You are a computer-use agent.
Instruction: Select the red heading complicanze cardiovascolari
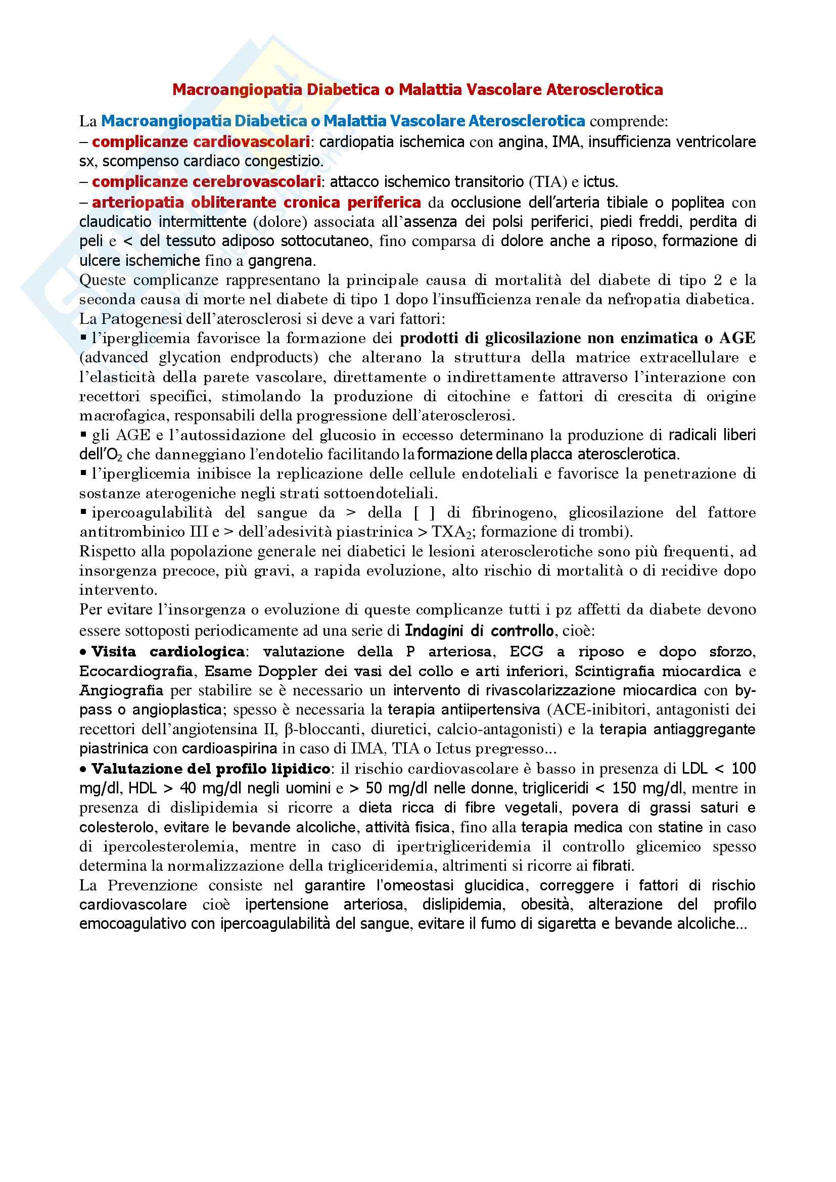click(201, 141)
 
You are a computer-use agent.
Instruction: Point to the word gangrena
click(281, 261)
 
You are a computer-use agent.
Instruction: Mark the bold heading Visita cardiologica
click(168, 652)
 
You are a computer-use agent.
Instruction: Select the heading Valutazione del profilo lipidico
click(211, 769)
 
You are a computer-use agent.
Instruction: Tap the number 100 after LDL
click(744, 769)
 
